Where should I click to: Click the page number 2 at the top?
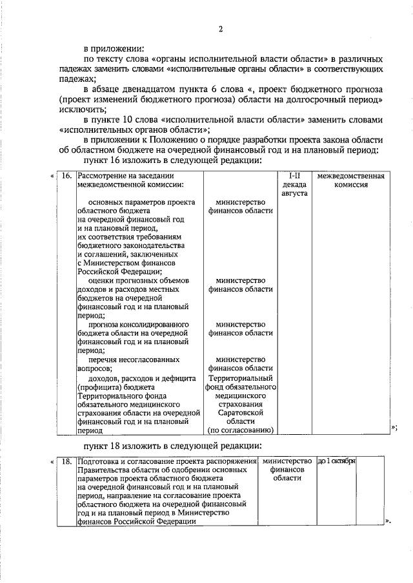pos(220,29)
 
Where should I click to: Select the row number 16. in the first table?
pos(66,175)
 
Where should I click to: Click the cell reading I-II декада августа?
pos(294,184)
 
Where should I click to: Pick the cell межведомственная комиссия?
pos(351,179)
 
